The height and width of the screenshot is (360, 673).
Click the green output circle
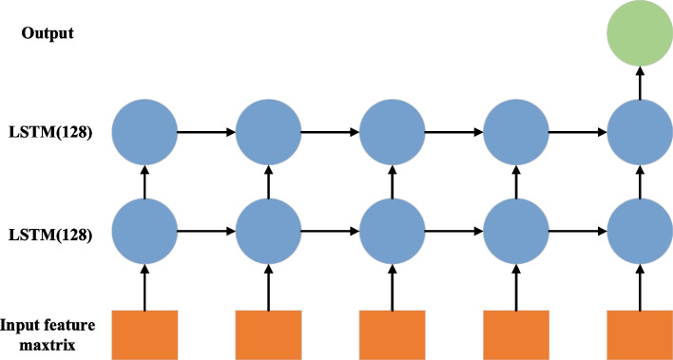pyautogui.click(x=639, y=35)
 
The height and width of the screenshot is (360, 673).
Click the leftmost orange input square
pyautogui.click(x=144, y=334)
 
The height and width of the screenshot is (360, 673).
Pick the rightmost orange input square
pyautogui.click(x=639, y=334)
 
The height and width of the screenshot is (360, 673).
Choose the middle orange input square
pyautogui.click(x=392, y=334)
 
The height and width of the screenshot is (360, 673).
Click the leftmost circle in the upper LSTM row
pyautogui.click(x=144, y=130)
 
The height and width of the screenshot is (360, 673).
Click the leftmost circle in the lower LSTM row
pyautogui.click(x=144, y=230)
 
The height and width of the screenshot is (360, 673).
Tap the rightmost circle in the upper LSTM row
pyautogui.click(x=639, y=130)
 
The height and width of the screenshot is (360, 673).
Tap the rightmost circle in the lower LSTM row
pyautogui.click(x=639, y=230)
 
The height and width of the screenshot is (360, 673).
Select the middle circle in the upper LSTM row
pyautogui.click(x=392, y=130)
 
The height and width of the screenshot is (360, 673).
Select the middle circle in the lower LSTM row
pyautogui.click(x=392, y=230)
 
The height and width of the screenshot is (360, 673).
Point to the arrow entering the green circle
pyautogui.click(x=639, y=83)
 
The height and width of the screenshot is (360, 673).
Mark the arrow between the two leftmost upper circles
pyautogui.click(x=206, y=130)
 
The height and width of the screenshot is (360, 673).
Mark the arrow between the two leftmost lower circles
pyautogui.click(x=206, y=230)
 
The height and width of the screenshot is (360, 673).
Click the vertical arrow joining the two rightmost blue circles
pyautogui.click(x=639, y=180)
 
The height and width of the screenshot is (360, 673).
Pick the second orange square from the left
pyautogui.click(x=268, y=334)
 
